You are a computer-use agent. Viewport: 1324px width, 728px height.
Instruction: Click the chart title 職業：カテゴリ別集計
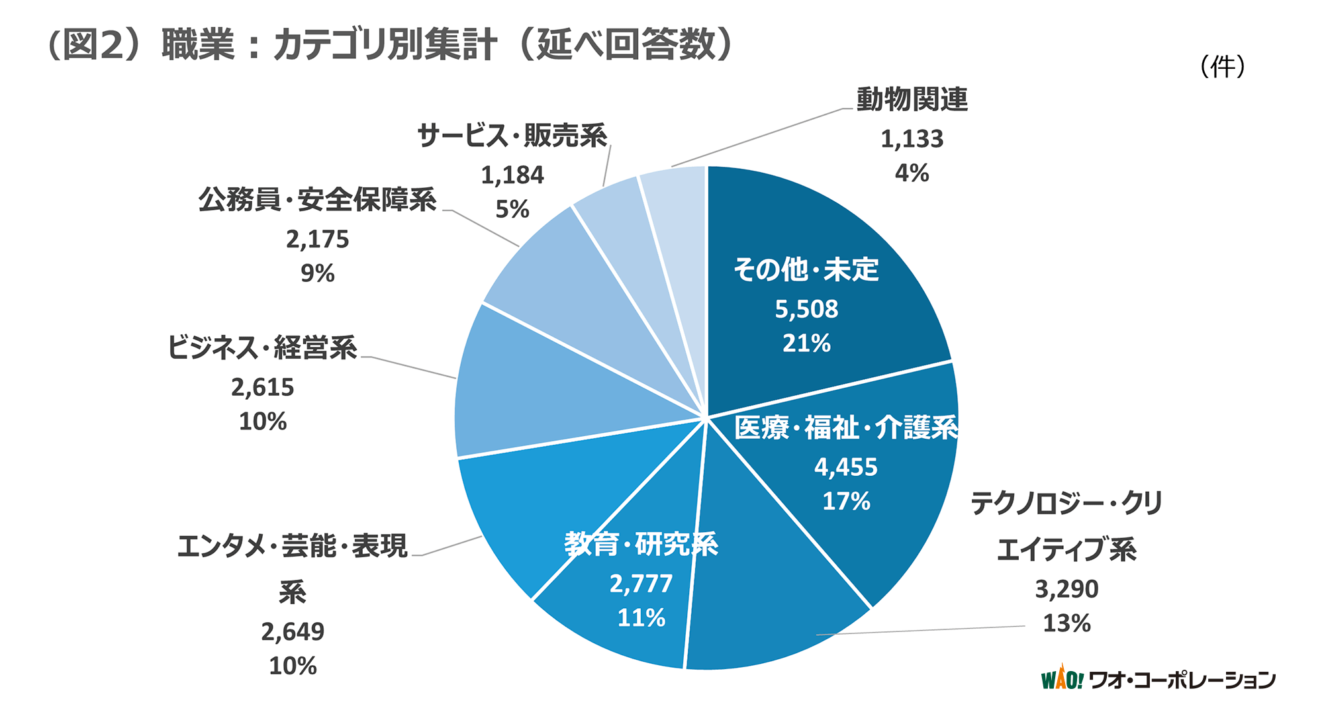[391, 45]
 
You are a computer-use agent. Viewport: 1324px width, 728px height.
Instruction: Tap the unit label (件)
[1222, 66]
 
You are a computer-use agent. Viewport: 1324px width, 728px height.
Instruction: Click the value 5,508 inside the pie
[806, 309]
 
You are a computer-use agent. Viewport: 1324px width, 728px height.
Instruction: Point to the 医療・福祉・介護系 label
[846, 428]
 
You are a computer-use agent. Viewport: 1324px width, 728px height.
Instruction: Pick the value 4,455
[845, 467]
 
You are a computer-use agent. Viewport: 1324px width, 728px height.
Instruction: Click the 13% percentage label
[1066, 623]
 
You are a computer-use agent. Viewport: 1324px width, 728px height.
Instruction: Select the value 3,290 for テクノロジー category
[1066, 589]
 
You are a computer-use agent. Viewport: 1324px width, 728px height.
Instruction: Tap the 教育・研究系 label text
[641, 545]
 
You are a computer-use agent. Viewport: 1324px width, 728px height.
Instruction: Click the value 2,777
[641, 584]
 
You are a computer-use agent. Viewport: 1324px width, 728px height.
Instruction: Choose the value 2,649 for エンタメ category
[293, 632]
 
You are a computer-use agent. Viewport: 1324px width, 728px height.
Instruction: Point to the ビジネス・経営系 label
[262, 348]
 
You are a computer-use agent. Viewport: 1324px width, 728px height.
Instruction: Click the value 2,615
[262, 387]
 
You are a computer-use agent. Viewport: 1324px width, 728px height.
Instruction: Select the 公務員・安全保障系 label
[318, 200]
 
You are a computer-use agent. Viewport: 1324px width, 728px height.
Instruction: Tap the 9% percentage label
[318, 273]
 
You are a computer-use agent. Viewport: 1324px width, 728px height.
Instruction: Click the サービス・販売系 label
[512, 136]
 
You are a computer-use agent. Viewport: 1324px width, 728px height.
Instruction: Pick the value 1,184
[512, 175]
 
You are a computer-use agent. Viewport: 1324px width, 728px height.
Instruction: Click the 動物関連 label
[912, 100]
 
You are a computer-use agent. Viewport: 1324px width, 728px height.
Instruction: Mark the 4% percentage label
[912, 173]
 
